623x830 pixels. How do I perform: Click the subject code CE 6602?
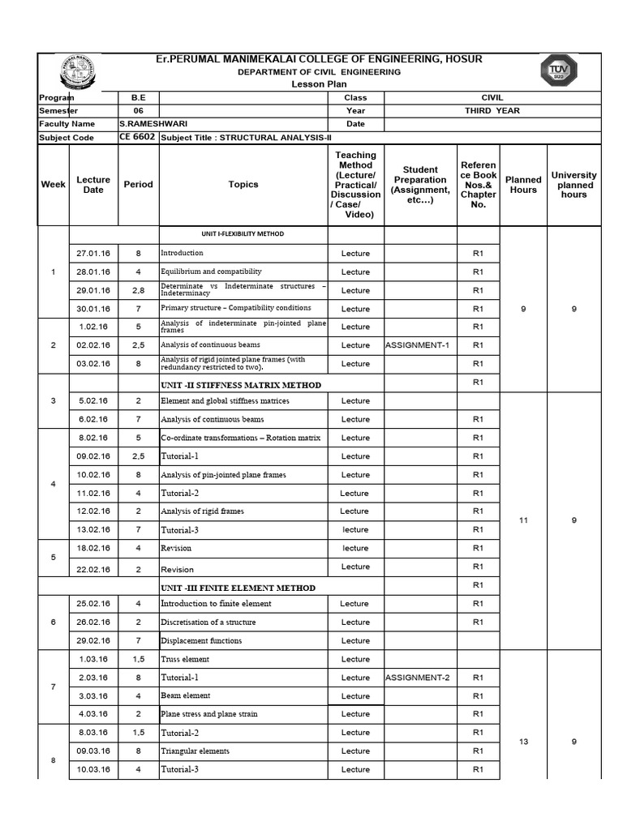click(x=136, y=138)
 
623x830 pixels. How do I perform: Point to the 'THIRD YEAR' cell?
click(x=492, y=111)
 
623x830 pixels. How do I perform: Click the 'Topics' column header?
click(x=243, y=185)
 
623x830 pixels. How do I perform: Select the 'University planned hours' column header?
click(x=574, y=185)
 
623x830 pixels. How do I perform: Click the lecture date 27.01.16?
click(x=93, y=253)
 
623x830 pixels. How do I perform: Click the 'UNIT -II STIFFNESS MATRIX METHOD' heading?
click(x=241, y=385)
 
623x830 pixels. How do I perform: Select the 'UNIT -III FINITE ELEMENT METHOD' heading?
click(x=238, y=588)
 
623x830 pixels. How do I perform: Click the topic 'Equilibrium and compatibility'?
click(x=211, y=272)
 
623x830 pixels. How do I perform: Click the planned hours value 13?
click(x=523, y=742)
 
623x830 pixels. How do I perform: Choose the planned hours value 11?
click(x=523, y=520)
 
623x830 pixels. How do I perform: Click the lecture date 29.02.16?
click(x=93, y=641)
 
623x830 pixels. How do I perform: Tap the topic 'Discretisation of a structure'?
click(x=208, y=622)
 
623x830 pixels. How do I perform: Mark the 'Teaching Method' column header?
click(x=355, y=185)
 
